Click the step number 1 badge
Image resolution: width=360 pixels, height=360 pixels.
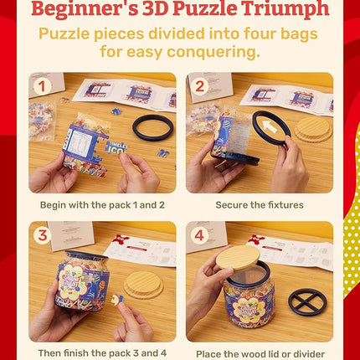(42, 86)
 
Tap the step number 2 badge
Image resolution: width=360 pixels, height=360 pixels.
(199, 86)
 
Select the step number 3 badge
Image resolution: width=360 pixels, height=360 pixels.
(42, 235)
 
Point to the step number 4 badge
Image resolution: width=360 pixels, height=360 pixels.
(199, 235)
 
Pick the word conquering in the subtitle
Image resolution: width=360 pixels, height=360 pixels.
(211, 52)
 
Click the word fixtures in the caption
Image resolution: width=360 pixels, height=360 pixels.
(285, 205)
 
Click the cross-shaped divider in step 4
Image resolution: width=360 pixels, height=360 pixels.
(307, 302)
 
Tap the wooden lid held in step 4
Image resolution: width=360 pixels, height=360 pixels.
(238, 258)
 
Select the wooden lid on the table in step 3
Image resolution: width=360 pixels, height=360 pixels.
(143, 284)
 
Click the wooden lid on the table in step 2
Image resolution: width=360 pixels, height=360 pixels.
(314, 128)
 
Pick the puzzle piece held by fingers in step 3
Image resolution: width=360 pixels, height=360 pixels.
(117, 300)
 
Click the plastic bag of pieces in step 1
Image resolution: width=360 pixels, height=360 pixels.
(42, 121)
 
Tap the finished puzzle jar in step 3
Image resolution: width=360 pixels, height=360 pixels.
(82, 281)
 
